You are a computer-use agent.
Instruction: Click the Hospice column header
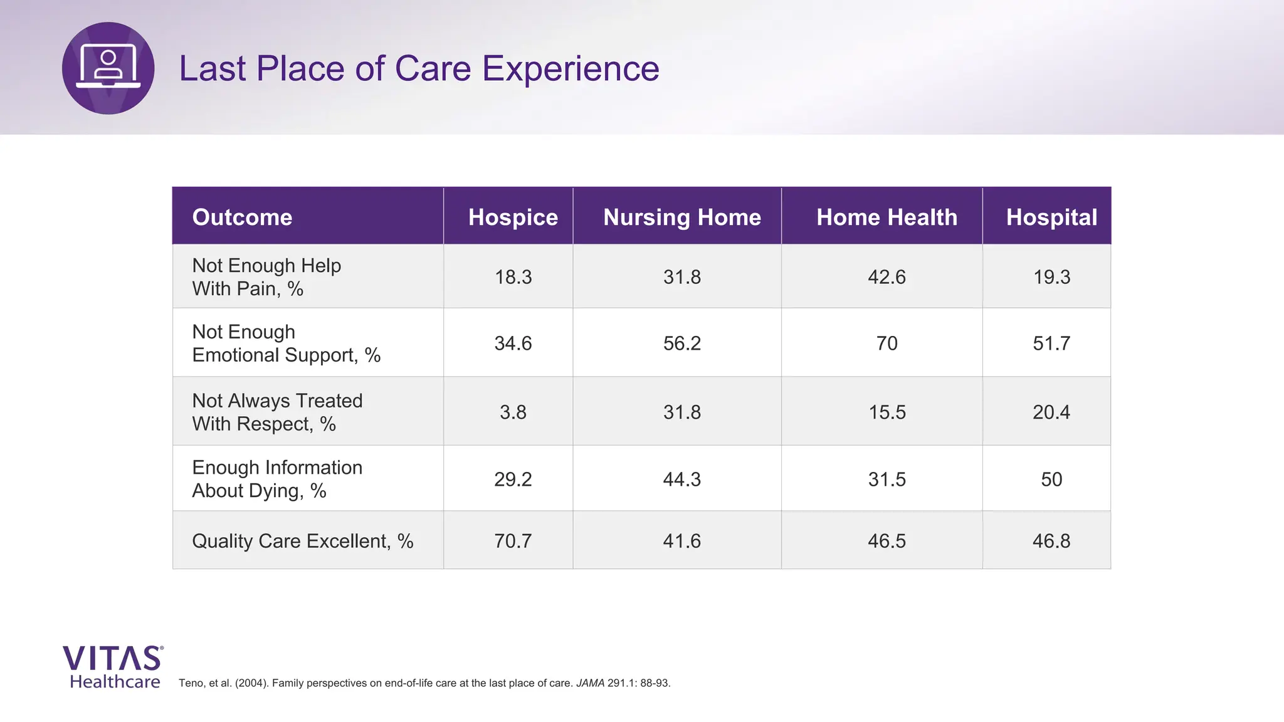[x=513, y=217]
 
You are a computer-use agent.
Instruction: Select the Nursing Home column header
[x=681, y=217]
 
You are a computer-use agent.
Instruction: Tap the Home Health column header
[x=887, y=217]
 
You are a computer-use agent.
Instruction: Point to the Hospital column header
[x=1051, y=217]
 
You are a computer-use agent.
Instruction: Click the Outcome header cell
[x=242, y=217]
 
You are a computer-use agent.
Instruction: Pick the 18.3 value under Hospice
[x=513, y=277]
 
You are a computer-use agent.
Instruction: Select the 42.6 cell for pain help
[x=887, y=277]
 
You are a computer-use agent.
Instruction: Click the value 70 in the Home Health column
[x=887, y=343]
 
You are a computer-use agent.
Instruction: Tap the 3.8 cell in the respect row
[x=513, y=412]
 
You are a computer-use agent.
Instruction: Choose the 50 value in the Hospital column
[x=1051, y=479]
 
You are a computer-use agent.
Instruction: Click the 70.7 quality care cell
[x=513, y=541]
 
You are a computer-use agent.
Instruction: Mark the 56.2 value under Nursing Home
[x=681, y=343]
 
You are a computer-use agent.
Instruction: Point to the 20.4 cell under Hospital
[x=1051, y=412]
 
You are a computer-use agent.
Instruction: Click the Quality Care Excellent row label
[x=302, y=541]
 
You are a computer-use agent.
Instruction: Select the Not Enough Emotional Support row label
[x=286, y=343]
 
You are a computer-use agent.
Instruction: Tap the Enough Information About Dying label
[x=277, y=479]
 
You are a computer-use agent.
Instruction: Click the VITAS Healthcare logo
[x=113, y=667]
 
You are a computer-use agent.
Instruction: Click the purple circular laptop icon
[x=108, y=68]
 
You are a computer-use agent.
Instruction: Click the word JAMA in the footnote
[x=590, y=683]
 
